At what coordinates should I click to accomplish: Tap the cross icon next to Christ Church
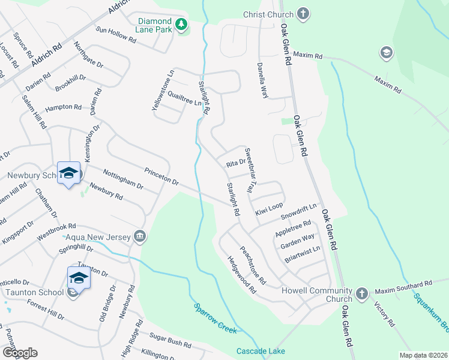pyautogui.click(x=304, y=14)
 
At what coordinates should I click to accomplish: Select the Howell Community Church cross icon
pyautogui.click(x=361, y=293)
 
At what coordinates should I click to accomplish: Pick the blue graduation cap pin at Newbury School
pyautogui.click(x=69, y=173)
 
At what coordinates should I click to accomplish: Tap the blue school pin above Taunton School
pyautogui.click(x=79, y=278)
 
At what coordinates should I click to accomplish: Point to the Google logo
pyautogui.click(x=19, y=352)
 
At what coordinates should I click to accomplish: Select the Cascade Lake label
pyautogui.click(x=261, y=351)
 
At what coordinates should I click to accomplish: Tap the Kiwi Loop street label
pyautogui.click(x=268, y=209)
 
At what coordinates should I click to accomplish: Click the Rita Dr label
pyautogui.click(x=236, y=163)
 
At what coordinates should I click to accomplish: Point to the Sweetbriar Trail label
pyautogui.click(x=250, y=170)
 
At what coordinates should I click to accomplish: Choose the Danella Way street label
pyautogui.click(x=262, y=80)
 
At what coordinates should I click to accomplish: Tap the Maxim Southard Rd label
pyautogui.click(x=403, y=287)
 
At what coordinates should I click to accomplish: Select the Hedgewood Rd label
pyautogui.click(x=241, y=275)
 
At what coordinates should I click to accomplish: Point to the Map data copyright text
pyautogui.click(x=423, y=355)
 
